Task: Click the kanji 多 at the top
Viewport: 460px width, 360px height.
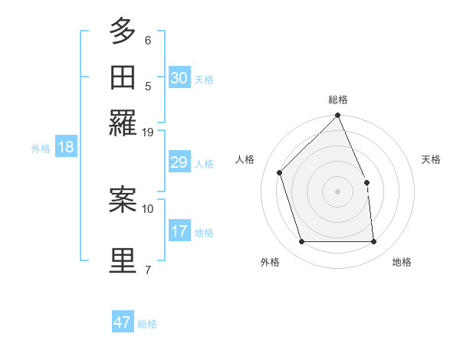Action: coord(123,31)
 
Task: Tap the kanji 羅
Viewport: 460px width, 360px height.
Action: coord(123,122)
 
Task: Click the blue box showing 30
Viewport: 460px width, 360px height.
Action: coord(179,77)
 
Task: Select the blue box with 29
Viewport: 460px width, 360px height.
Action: coord(179,162)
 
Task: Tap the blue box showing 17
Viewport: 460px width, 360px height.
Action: coord(179,231)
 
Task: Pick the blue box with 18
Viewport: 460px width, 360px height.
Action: coord(65,147)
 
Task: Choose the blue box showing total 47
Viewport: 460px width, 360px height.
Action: coord(123,322)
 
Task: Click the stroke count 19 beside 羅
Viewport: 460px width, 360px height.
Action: coord(148,132)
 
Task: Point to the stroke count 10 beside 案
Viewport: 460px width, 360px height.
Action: coord(148,208)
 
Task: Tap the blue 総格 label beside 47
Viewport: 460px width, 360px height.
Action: coord(147,324)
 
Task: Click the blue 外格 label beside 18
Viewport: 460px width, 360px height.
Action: coord(41,149)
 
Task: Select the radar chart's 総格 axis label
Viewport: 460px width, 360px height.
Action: coord(338,100)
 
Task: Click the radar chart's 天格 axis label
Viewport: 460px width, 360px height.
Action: coord(431,159)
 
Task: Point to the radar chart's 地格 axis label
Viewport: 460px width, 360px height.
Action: coord(402,263)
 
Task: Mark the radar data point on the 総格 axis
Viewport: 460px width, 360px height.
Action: coord(338,116)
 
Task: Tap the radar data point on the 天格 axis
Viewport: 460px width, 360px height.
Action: coord(366,182)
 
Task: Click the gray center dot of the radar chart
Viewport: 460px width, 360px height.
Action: coord(338,191)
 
